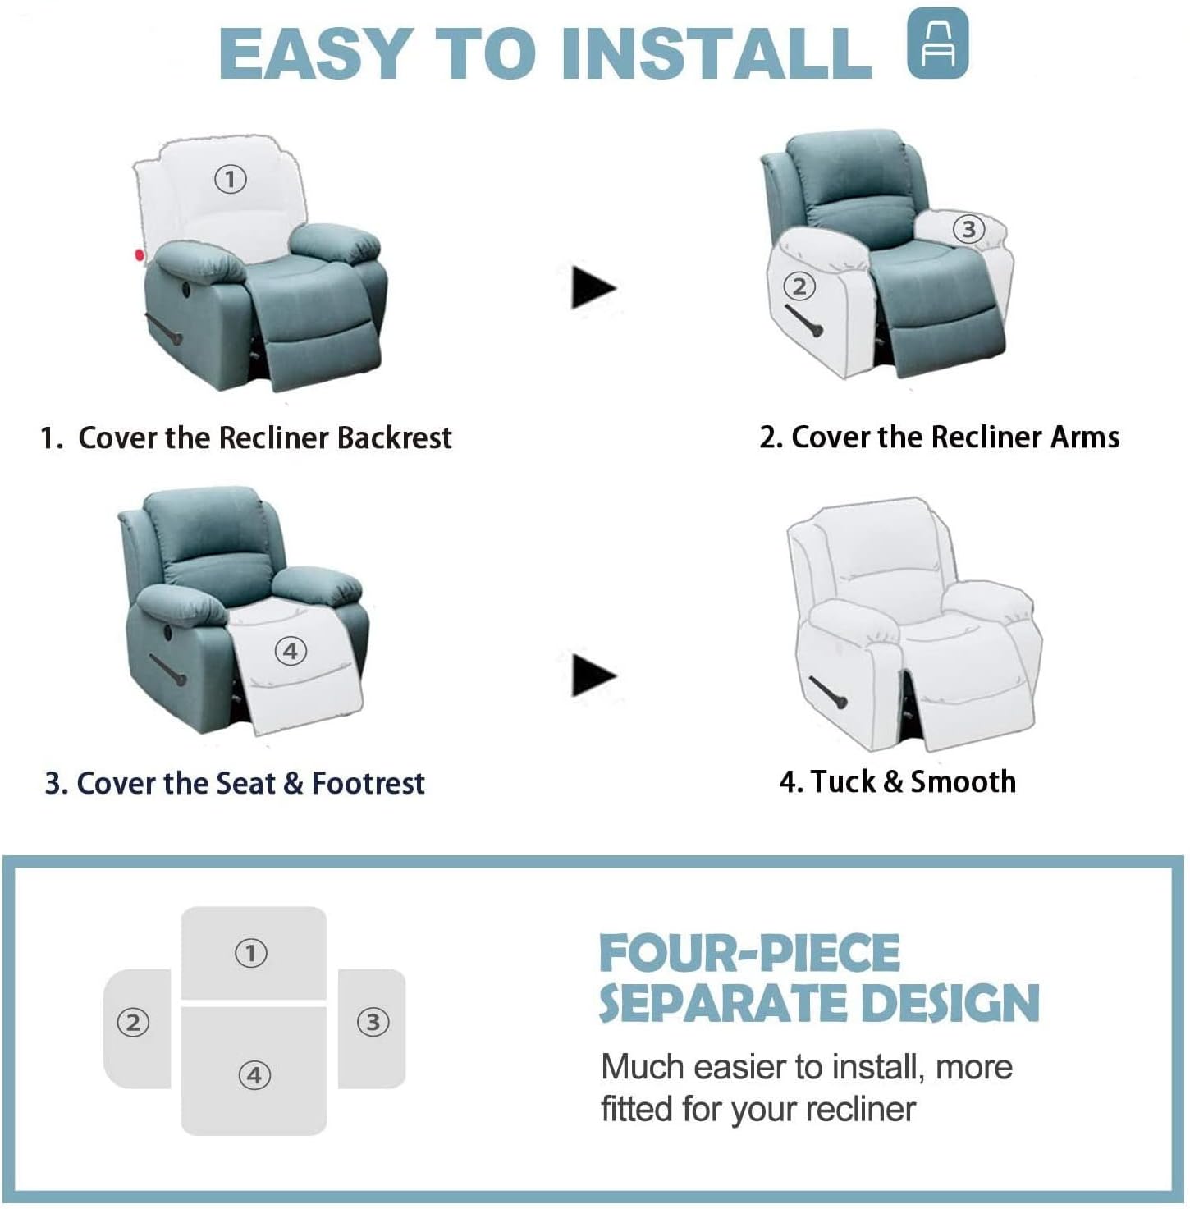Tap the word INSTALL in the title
716,53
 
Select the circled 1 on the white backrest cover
231,178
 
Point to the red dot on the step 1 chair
140,255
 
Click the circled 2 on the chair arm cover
799,286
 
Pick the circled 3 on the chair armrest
968,229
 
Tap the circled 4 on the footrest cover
290,652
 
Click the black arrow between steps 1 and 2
593,287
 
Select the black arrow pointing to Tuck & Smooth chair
593,675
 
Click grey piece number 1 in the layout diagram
253,953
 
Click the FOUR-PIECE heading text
749,954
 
